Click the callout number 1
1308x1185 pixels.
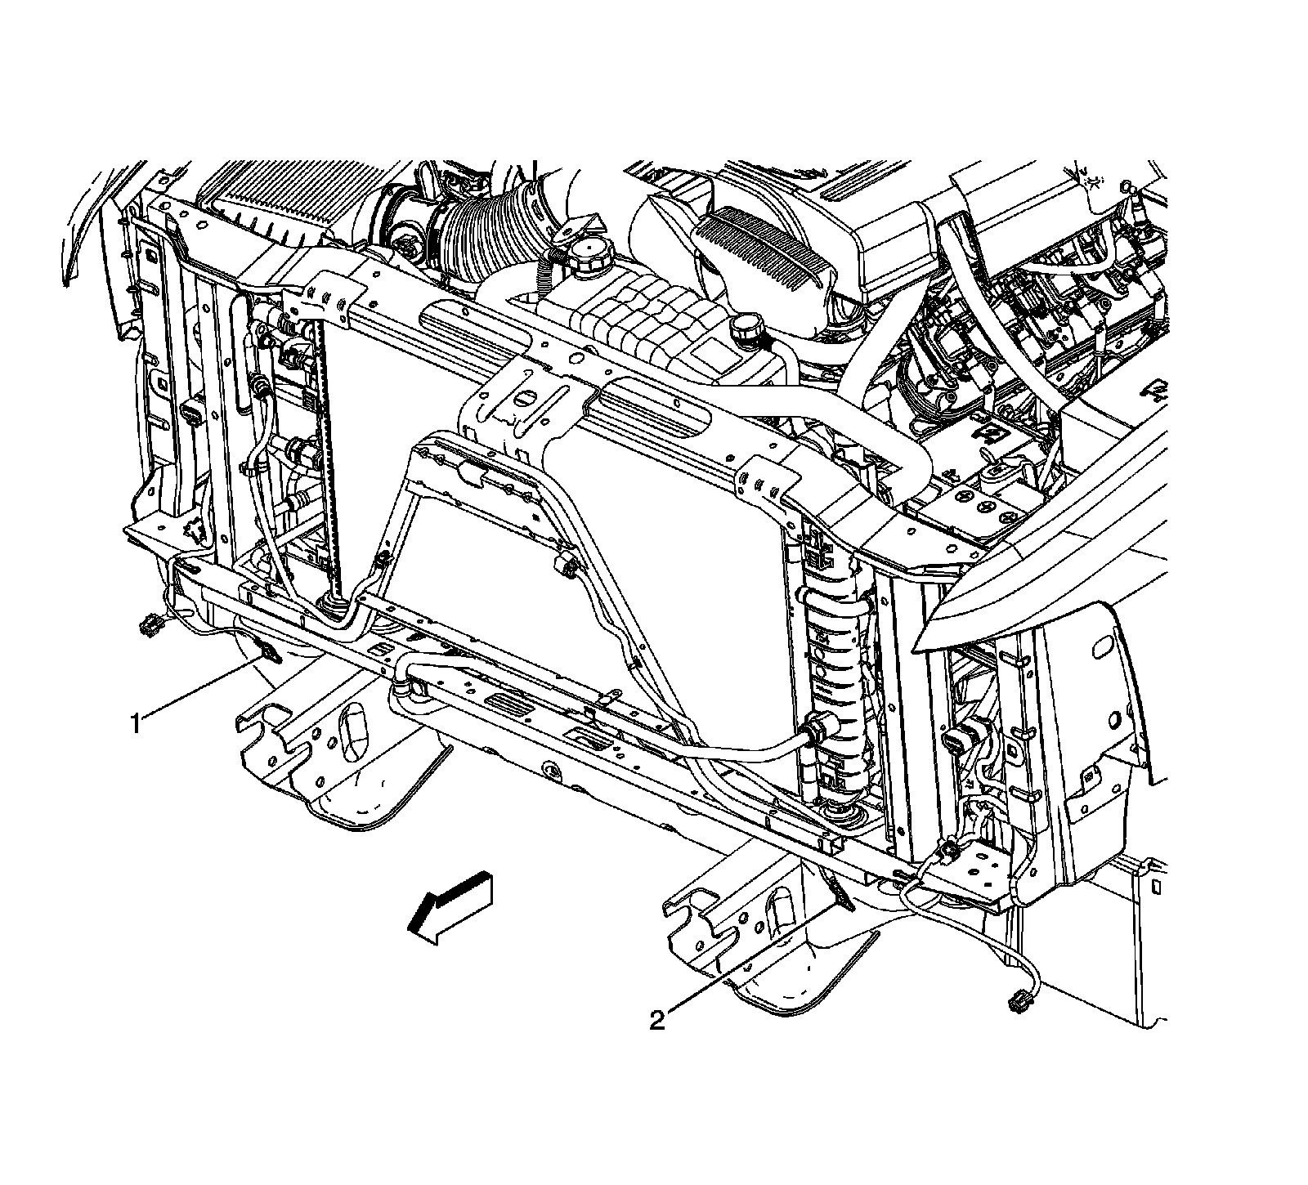point(137,722)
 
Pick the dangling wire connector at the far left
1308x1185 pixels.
point(148,625)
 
